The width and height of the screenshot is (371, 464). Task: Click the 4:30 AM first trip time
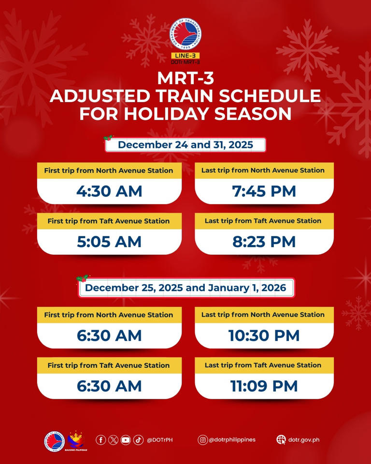[109, 191]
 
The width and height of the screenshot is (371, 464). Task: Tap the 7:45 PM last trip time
[264, 191]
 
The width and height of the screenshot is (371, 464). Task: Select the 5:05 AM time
[109, 242]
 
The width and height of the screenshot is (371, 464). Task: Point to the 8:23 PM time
[264, 242]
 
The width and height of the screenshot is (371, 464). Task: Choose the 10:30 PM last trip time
[264, 335]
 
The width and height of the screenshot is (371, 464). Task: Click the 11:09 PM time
[264, 386]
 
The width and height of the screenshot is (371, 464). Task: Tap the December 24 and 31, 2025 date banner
[185, 145]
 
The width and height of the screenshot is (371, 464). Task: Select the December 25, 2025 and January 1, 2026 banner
[186, 288]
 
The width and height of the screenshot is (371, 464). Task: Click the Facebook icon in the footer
[100, 440]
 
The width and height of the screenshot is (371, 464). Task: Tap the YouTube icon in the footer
[126, 440]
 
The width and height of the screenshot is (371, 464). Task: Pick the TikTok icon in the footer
[138, 440]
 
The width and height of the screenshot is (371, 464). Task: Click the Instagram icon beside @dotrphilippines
[203, 440]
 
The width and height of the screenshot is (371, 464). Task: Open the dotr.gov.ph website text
[304, 440]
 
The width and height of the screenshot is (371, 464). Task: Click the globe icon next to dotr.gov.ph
[281, 440]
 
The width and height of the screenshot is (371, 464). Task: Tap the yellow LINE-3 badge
[185, 56]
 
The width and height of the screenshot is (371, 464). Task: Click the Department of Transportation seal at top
[185, 34]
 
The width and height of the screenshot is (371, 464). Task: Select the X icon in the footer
[113, 440]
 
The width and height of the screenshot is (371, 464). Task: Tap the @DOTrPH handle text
[160, 440]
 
